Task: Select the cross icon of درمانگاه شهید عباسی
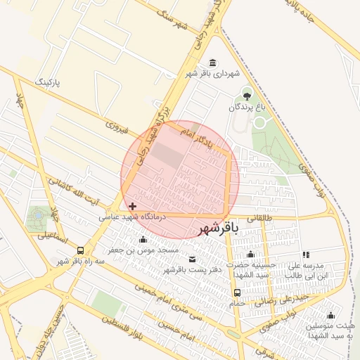(134, 206)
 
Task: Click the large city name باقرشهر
(218, 229)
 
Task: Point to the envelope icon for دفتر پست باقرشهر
(192, 259)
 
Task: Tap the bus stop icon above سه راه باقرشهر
(81, 250)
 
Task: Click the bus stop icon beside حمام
(237, 293)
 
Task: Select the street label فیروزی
(115, 127)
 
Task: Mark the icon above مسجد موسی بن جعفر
(143, 240)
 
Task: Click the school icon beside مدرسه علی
(305, 255)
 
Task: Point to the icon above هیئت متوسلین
(330, 315)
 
